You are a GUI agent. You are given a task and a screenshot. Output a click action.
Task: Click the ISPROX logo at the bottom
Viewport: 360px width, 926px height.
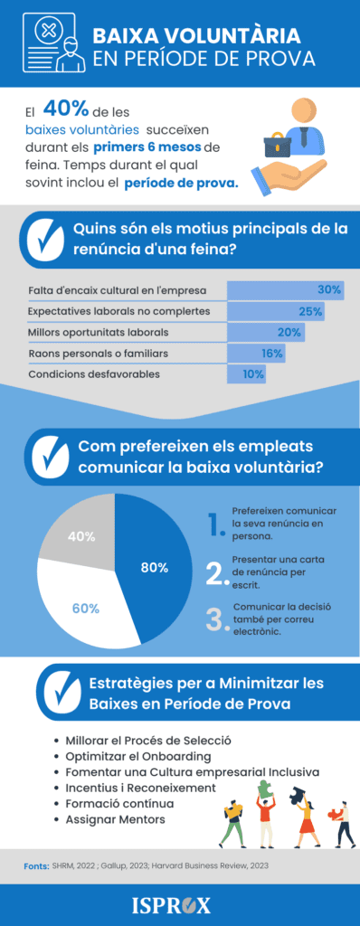pyautogui.click(x=180, y=904)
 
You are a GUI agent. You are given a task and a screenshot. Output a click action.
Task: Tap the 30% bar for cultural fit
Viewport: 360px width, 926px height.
pyautogui.click(x=285, y=290)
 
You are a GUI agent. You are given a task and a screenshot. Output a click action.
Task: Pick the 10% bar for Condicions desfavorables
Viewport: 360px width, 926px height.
pyautogui.click(x=247, y=373)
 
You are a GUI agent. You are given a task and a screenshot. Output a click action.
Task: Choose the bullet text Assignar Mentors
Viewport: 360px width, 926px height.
pyautogui.click(x=115, y=819)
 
